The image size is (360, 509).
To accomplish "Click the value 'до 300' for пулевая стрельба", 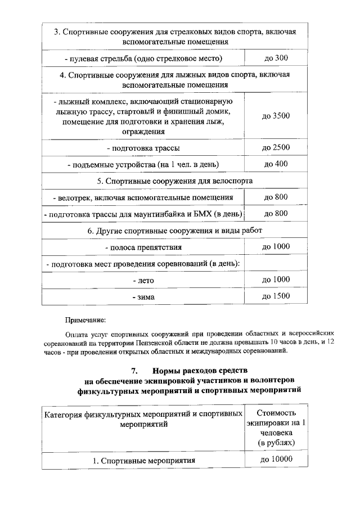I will pos(276,58).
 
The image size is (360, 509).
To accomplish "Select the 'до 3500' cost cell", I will pos(276,116).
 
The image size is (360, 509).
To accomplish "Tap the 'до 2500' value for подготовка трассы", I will pos(276,148).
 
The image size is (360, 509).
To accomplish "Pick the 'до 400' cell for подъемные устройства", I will pos(276,164).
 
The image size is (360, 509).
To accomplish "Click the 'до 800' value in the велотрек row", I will pos(276,197).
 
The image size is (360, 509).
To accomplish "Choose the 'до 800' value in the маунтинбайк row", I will pos(276,214).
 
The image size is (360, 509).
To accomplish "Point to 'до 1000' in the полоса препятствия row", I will pos(276,247).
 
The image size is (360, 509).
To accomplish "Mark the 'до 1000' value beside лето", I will pos(276,280).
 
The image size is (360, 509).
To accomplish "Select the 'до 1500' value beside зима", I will pos(276,296).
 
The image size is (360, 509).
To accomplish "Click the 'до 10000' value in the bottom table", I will pos(276,460).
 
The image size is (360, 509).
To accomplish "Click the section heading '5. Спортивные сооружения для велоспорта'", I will pos(174,181).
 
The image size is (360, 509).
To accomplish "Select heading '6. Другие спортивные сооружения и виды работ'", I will pos(174,231).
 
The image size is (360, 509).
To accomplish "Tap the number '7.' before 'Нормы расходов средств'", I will pos(134,371).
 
